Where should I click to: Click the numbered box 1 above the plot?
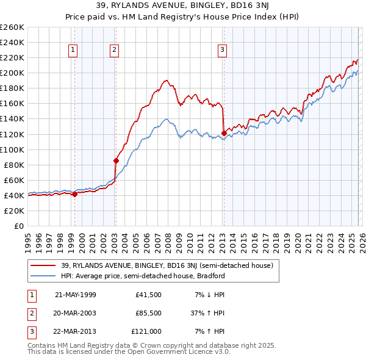coord(73,50)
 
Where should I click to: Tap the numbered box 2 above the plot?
coord(114,50)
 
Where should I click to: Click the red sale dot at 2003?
coord(116,160)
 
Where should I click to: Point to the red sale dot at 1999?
coord(74,194)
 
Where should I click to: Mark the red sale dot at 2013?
coord(224,133)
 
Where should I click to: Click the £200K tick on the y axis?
coord(12,73)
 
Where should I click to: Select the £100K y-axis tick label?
coord(12,149)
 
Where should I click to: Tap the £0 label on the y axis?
coord(18,226)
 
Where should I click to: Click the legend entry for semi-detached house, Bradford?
coord(143,276)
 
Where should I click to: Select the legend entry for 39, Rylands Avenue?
coord(170,265)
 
